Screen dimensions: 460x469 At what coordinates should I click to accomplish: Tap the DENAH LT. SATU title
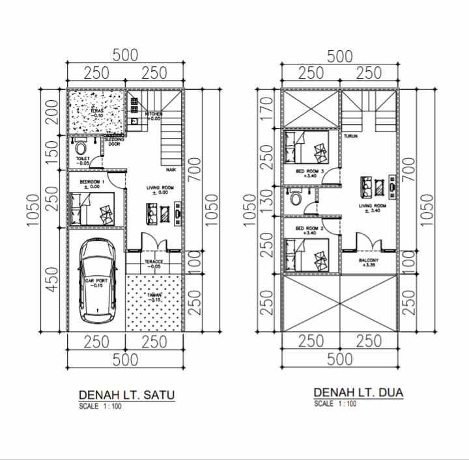[127, 395]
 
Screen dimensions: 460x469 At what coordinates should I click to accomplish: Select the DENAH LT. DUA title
[358, 392]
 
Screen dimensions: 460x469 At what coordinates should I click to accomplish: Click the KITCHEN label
[154, 114]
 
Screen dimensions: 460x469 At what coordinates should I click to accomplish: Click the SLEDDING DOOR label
[114, 141]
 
